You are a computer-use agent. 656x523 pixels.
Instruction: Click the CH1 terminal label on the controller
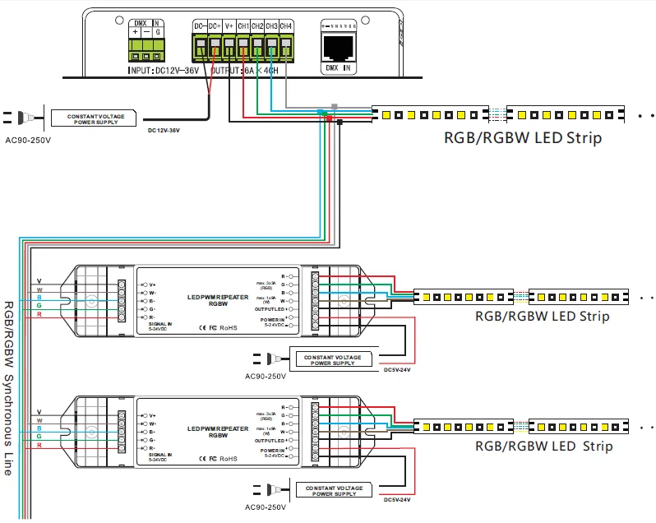tap(243, 26)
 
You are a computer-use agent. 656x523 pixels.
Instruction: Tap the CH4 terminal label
tap(286, 26)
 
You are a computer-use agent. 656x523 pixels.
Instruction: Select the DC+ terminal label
tap(214, 26)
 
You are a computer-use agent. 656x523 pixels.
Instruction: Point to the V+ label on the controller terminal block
tap(229, 26)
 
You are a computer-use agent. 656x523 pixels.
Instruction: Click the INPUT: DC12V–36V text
tap(164, 71)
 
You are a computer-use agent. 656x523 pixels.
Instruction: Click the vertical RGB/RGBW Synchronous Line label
tap(9, 386)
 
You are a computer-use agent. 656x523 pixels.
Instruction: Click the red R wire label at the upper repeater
tap(39, 315)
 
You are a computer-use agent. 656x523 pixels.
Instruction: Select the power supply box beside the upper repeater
tap(330, 358)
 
